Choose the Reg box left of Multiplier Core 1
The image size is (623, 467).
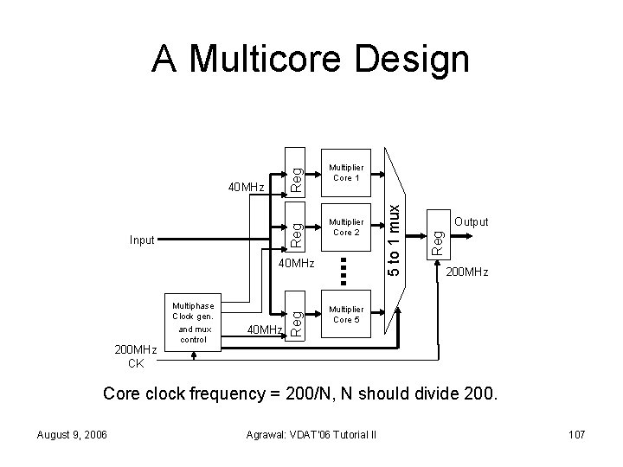point(296,171)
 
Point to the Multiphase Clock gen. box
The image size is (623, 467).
point(193,323)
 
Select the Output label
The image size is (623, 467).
point(472,222)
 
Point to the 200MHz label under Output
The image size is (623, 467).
point(466,272)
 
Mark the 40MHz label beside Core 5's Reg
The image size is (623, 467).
point(265,329)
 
